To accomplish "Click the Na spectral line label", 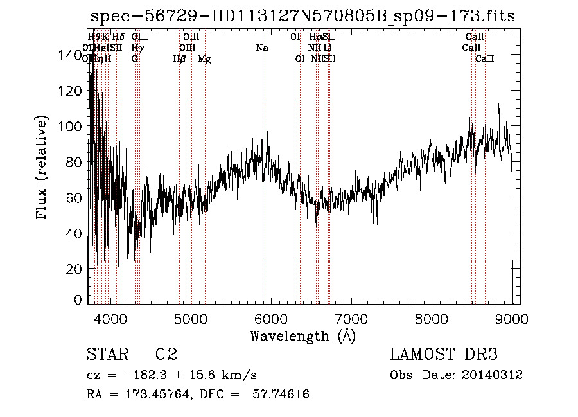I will [x=262, y=48].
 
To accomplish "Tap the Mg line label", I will [x=204, y=59].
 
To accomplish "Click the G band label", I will [x=134, y=59].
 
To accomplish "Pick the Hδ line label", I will [x=118, y=37].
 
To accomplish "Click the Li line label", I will [x=328, y=48].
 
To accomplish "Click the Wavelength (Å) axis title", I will [x=302, y=335].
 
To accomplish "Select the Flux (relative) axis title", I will [x=43, y=168].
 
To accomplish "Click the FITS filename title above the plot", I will [x=302, y=17].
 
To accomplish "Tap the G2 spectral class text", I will [x=166, y=354].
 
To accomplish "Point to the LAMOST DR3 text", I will [x=443, y=354].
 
